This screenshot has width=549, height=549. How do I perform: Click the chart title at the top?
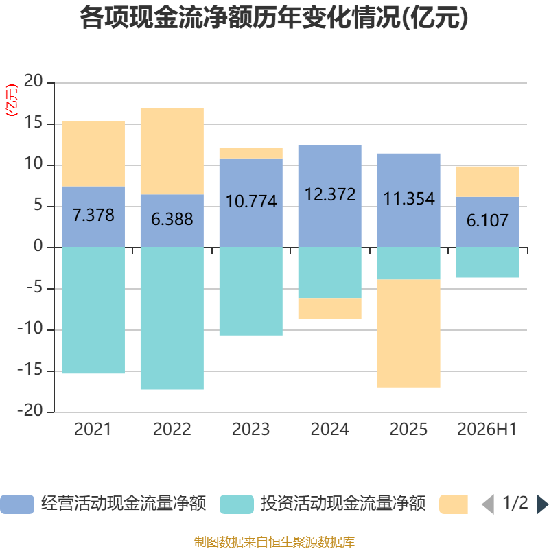[x=274, y=18]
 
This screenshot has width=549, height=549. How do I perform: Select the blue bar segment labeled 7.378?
[x=93, y=217]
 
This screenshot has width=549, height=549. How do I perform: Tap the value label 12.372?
[x=330, y=194]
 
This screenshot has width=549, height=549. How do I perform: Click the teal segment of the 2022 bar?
[x=172, y=318]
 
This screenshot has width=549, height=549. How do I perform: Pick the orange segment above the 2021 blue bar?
[x=93, y=154]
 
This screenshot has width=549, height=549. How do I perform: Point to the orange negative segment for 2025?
[x=408, y=334]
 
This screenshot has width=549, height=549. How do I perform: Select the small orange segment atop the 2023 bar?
[x=251, y=153]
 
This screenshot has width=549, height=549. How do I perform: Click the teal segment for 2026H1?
[x=487, y=263]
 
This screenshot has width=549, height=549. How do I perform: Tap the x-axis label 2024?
[x=330, y=430]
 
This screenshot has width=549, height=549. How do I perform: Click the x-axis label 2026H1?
[x=487, y=430]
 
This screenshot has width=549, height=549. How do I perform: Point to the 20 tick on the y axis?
[x=33, y=81]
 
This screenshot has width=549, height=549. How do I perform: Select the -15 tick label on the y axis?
[x=30, y=370]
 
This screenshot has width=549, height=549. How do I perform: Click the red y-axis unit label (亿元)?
[x=12, y=100]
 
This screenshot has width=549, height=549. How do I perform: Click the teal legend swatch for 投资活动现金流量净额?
[x=237, y=504]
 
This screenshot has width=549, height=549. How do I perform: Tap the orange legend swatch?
[x=454, y=504]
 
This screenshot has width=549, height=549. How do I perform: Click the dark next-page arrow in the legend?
[x=542, y=504]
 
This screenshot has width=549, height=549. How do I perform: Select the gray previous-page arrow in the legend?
[x=488, y=504]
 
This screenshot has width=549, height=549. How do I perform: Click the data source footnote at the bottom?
[x=274, y=541]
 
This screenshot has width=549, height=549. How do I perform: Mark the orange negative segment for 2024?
[x=330, y=308]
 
